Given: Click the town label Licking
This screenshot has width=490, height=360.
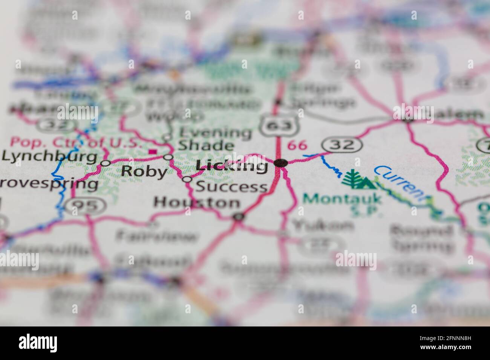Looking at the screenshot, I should pyautogui.click(x=232, y=166).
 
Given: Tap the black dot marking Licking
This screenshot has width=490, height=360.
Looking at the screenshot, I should pyautogui.click(x=280, y=163).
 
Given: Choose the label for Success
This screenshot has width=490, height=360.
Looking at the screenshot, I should pyautogui.click(x=231, y=186).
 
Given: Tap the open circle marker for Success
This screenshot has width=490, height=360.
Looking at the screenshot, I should pyautogui.click(x=187, y=179).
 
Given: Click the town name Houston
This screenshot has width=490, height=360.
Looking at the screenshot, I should pyautogui.click(x=197, y=203).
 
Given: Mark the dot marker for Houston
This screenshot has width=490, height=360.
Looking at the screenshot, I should pyautogui.click(x=238, y=217).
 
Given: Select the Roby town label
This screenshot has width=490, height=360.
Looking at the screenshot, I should pyautogui.click(x=144, y=171).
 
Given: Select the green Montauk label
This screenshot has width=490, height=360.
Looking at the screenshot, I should pyautogui.click(x=342, y=198).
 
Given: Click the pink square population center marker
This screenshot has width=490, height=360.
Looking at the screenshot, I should pyautogui.click(x=152, y=152).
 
